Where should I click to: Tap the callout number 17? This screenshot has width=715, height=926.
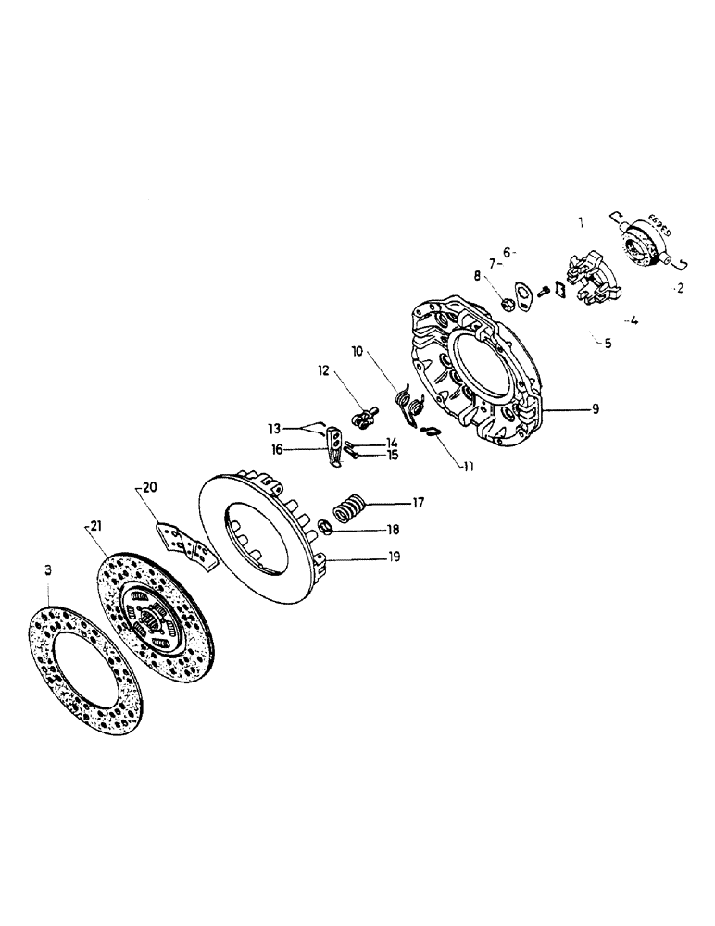point(418,504)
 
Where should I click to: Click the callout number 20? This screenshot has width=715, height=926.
point(149,488)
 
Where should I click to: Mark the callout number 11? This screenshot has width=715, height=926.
point(469,467)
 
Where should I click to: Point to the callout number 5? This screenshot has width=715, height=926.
point(608,343)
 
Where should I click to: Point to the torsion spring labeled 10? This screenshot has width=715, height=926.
point(407,402)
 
